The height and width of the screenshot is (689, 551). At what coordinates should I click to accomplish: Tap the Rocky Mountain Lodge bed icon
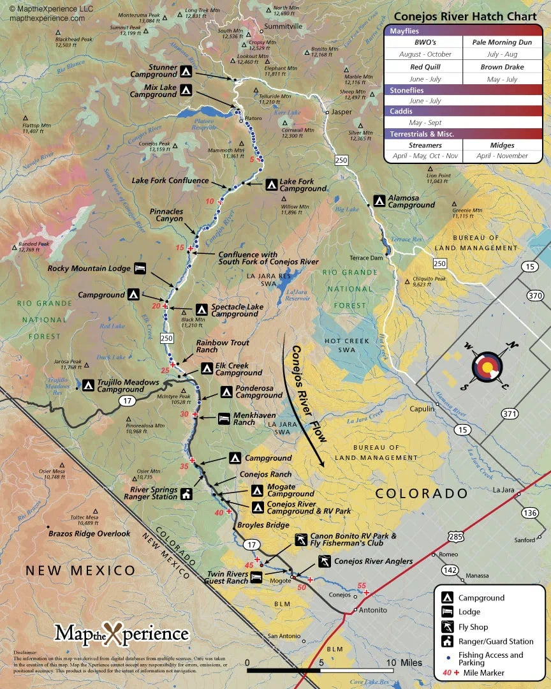click(x=140, y=269)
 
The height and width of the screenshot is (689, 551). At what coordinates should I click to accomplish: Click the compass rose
click(x=487, y=367)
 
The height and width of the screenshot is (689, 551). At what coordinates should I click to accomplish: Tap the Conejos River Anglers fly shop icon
click(x=325, y=561)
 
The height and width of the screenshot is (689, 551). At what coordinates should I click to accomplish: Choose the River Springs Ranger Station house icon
click(x=186, y=494)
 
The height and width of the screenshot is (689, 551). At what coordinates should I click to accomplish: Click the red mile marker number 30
click(x=185, y=413)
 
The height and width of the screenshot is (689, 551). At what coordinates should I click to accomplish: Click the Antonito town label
click(x=373, y=610)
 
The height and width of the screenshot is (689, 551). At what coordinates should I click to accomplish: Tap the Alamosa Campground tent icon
click(x=379, y=201)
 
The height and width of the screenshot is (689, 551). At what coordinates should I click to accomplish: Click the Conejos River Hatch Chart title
click(x=465, y=17)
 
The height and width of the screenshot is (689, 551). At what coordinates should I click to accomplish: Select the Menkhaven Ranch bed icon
click(x=224, y=418)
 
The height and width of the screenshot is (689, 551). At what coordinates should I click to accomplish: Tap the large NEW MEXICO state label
click(x=80, y=570)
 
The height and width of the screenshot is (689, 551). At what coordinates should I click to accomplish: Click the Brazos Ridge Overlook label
click(x=89, y=533)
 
